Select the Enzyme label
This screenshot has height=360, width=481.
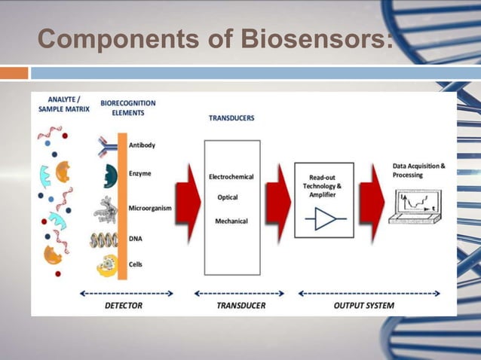coord(140,173)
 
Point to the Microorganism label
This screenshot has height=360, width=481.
coord(154,206)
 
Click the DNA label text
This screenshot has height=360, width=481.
coord(136,238)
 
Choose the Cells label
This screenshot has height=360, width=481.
coord(137,264)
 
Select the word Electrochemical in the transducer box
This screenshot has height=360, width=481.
coord(231,177)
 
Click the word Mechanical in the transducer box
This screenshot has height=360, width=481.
coord(231,221)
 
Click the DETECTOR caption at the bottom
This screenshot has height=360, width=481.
coord(122,306)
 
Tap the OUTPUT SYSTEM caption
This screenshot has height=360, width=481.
coord(363,306)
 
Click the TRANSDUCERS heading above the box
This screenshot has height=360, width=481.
coord(231,118)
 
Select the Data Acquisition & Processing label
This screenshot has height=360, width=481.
coord(419,170)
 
